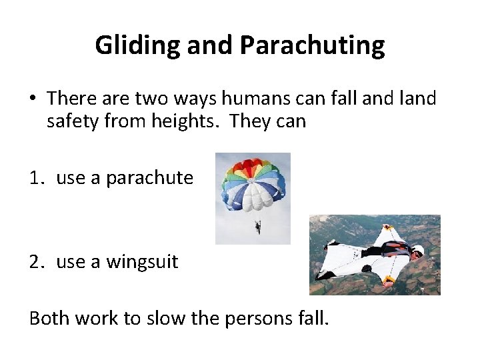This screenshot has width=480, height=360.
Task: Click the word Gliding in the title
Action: pos(138,45)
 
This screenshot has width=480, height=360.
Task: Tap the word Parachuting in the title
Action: pos(312,45)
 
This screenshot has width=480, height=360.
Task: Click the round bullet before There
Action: pos(33,99)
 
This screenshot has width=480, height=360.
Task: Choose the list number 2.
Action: pos(36,262)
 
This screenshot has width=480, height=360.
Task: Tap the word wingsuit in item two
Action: pos(141,262)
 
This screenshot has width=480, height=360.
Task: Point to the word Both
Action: pos(50,318)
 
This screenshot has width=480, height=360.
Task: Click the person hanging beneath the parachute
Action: pos(258,227)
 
